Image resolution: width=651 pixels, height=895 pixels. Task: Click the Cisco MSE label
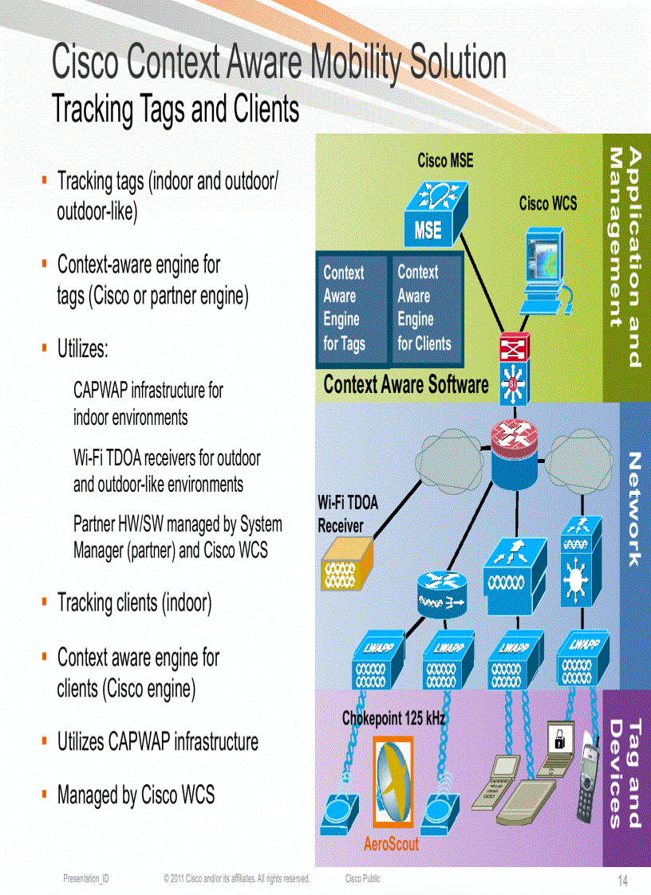click(445, 161)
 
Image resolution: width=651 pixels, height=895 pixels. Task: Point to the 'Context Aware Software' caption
click(405, 385)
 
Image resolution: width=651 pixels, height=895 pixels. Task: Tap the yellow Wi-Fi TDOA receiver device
click(346, 566)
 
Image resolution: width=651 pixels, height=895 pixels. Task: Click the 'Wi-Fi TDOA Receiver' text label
click(348, 514)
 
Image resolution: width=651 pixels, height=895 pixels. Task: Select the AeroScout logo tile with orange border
click(393, 784)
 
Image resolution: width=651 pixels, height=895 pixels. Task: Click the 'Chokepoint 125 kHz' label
click(393, 718)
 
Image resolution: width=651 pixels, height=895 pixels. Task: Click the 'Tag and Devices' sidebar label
click(625, 773)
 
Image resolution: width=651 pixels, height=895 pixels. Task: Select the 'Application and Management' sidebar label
click(625, 257)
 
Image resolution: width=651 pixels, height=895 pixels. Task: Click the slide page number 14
click(622, 881)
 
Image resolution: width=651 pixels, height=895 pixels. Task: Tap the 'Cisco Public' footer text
click(363, 879)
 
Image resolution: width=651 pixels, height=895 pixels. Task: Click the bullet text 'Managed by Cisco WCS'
click(136, 795)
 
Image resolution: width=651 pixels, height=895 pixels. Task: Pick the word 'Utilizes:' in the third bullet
click(82, 349)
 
